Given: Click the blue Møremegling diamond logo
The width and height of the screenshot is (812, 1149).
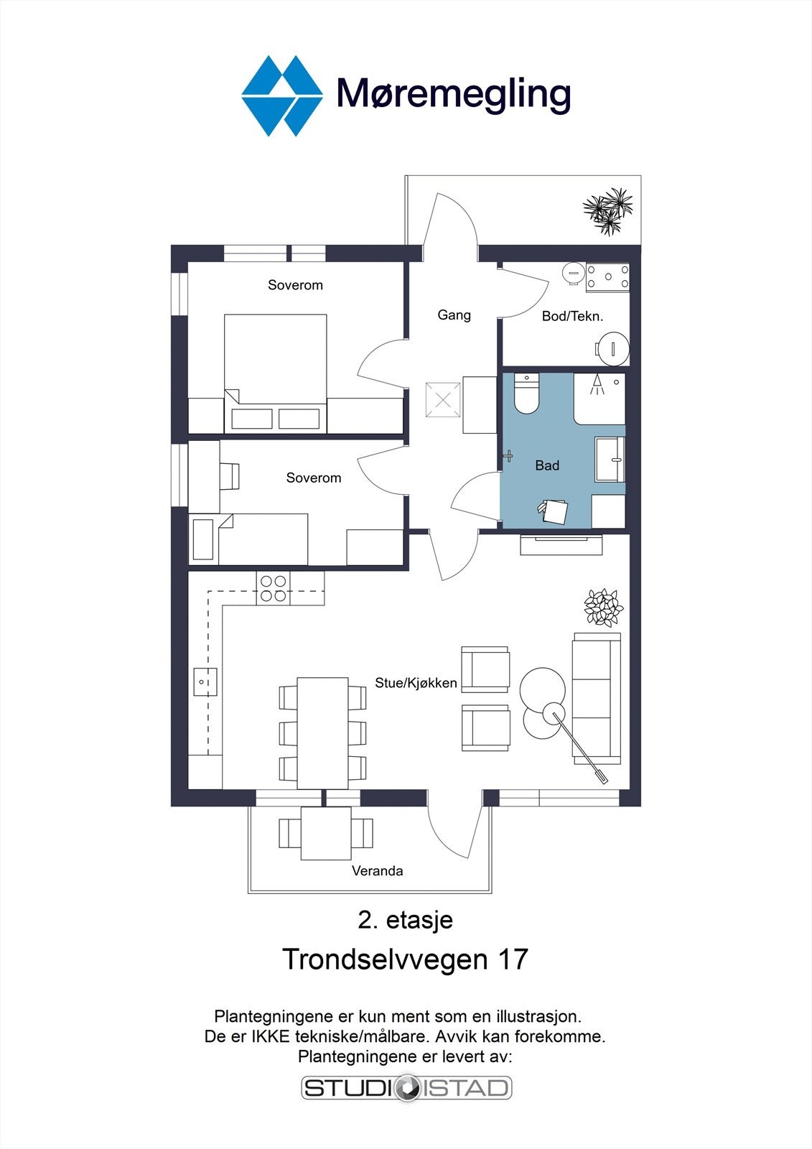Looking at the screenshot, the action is (282, 96).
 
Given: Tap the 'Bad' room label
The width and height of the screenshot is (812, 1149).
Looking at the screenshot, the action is (547, 466).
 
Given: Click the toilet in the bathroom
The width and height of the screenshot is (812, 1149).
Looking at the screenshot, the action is (526, 394).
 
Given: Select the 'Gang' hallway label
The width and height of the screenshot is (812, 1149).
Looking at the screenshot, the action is (454, 315).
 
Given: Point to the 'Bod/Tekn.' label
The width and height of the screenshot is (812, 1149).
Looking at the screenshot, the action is (572, 317).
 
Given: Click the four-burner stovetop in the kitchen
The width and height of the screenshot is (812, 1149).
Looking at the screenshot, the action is (273, 588).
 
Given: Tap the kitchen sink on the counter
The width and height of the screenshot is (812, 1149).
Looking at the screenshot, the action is (205, 682).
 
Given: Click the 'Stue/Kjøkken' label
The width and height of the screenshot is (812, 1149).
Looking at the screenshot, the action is (416, 683).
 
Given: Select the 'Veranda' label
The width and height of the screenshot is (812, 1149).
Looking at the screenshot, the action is (377, 870).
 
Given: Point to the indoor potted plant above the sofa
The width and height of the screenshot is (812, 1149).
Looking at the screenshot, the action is (604, 608).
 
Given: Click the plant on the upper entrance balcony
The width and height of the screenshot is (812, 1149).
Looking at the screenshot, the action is (608, 211).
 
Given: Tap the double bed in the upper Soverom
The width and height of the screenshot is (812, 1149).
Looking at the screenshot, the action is (276, 373).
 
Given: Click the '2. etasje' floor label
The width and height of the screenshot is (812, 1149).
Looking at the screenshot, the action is (405, 920).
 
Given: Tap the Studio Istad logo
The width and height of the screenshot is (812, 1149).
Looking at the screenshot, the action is (407, 1088).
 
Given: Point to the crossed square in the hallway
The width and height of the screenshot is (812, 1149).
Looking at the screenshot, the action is (443, 401).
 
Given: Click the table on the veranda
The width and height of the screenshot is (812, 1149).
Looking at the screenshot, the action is (326, 834).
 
